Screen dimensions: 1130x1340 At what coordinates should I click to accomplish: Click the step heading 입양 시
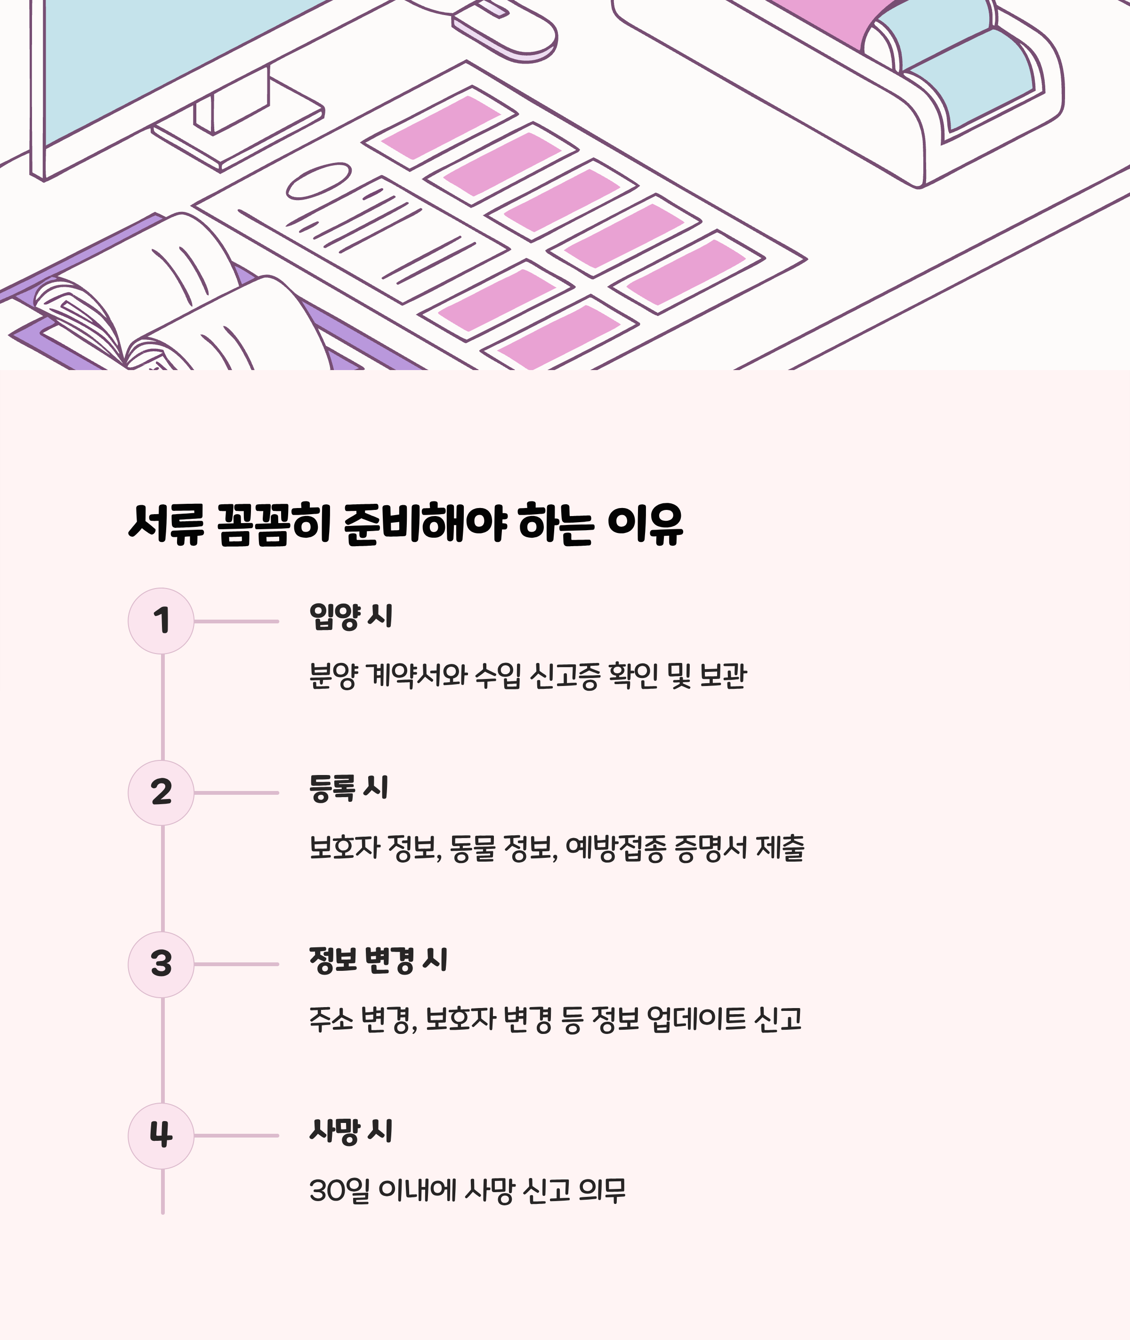tap(350, 616)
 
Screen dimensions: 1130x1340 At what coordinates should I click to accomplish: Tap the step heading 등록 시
tap(348, 788)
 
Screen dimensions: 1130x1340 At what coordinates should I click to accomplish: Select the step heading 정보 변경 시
tap(378, 960)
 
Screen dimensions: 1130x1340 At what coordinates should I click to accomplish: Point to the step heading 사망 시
tap(350, 1131)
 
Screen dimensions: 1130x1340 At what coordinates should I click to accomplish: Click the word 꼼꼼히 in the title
tap(274, 524)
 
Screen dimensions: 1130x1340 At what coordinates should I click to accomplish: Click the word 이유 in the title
tap(645, 524)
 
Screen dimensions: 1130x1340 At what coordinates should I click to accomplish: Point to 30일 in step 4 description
tap(339, 1191)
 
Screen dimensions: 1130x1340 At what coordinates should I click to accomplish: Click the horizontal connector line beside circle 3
tap(236, 964)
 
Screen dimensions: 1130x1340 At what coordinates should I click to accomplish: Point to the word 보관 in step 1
tap(723, 676)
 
